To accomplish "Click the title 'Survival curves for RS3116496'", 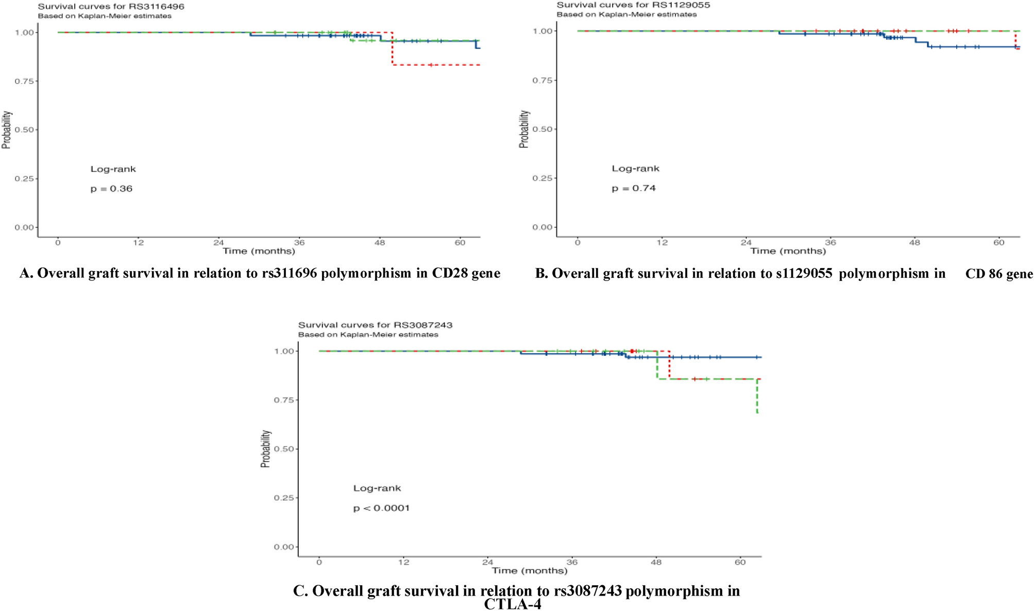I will tap(111, 7).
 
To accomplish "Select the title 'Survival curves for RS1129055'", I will tap(633, 5).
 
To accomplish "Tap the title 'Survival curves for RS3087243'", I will tap(375, 325).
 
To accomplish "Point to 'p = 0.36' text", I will tap(111, 189).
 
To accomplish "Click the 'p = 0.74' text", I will tap(634, 188).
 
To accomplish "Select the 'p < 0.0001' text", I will tap(381, 508).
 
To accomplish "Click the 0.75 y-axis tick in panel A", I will tap(25, 81).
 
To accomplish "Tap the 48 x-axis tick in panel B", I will tap(914, 242).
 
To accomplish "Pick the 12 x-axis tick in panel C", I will tap(403, 562).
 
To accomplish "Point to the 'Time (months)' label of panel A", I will tap(259, 251).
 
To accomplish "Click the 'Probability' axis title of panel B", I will tap(524, 129).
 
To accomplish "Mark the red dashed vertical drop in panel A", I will tap(393, 49).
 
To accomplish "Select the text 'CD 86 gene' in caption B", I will tap(998, 274).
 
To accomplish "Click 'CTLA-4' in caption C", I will tap(513, 604).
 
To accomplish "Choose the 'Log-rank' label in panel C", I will tap(377, 488).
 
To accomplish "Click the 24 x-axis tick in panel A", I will tap(218, 242).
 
